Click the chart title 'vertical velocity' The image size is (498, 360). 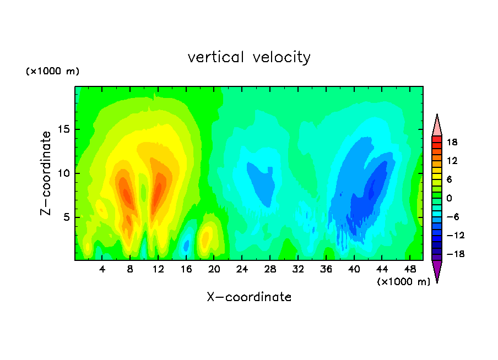(249, 57)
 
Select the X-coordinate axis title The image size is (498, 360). (249, 297)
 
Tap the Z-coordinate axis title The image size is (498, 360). (45, 173)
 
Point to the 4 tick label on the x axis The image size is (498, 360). (102, 269)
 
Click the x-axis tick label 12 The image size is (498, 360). (158, 269)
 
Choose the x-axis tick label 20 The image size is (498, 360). (214, 269)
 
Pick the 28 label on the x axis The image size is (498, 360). (270, 269)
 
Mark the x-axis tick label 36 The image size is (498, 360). (326, 269)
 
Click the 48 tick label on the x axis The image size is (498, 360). (410, 269)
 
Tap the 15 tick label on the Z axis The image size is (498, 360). (63, 129)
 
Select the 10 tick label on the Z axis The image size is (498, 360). (63, 173)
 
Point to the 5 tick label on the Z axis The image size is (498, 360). (66, 217)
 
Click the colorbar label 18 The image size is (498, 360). (452, 142)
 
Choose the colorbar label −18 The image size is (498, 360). (456, 254)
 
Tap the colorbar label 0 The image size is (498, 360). (449, 198)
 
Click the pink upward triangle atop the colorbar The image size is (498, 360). (437, 125)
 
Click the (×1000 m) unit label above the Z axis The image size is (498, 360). (52, 71)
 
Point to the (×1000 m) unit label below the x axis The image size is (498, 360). (403, 282)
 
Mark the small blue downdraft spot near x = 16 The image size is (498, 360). (186, 246)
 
